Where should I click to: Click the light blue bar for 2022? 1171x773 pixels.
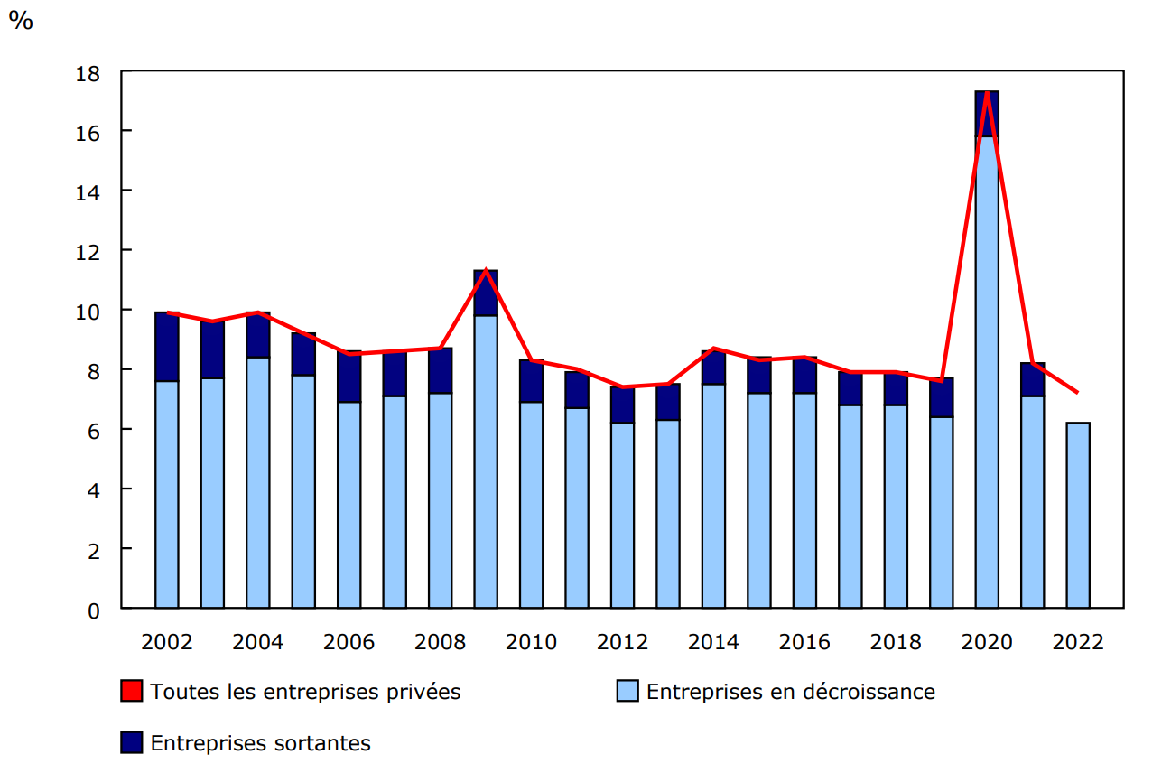1078,515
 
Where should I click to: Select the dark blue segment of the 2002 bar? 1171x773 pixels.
167,347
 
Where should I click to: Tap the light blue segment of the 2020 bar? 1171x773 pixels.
987,370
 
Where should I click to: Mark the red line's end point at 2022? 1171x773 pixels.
1077,393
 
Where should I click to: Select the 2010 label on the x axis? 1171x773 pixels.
531,642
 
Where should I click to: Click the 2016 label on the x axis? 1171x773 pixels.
804,642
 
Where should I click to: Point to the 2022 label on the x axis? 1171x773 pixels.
1078,642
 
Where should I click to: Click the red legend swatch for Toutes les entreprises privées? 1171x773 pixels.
132,692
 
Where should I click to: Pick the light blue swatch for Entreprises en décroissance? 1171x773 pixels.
627,692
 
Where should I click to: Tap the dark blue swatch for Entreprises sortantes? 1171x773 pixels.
132,743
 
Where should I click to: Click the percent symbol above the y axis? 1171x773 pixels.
21,21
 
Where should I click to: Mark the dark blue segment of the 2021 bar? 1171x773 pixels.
1032,379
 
